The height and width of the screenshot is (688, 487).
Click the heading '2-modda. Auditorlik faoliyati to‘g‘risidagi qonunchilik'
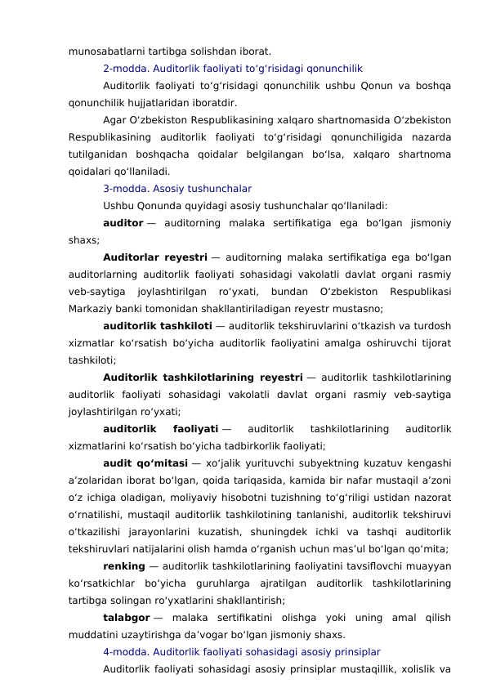tap(233, 69)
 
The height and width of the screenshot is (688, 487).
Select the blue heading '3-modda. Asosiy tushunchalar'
tap(176, 189)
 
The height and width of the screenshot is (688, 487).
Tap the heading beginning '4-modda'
tap(241, 652)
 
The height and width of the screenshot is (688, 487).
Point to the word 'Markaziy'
tap(92, 309)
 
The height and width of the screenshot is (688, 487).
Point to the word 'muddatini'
tap(92, 635)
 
